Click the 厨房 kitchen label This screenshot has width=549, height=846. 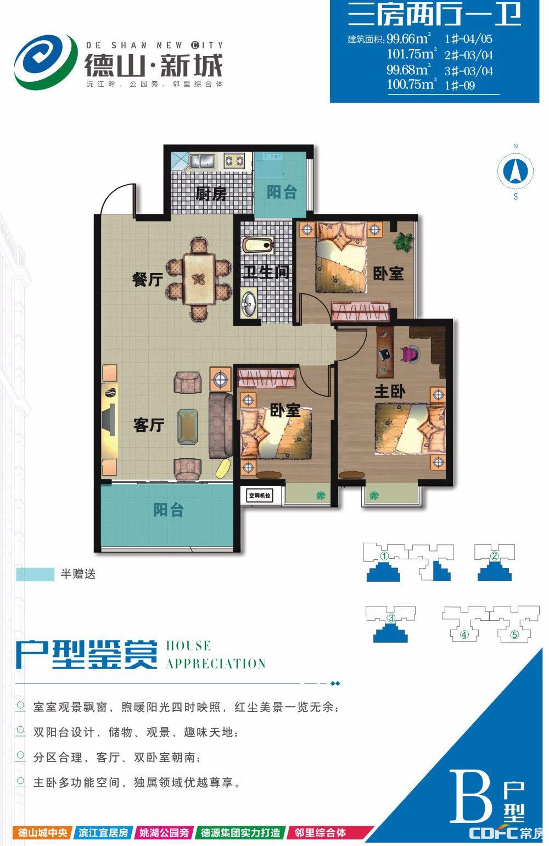pyautogui.click(x=211, y=194)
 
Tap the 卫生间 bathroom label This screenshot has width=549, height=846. pyautogui.click(x=266, y=272)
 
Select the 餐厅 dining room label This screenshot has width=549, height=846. pyautogui.click(x=148, y=280)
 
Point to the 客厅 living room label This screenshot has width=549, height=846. pyautogui.click(x=149, y=425)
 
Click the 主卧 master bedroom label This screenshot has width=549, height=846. pyautogui.click(x=390, y=391)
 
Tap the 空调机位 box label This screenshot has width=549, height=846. pyautogui.click(x=260, y=495)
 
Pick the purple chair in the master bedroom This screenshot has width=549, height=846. pyautogui.click(x=411, y=354)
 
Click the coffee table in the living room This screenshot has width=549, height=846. pyautogui.click(x=188, y=426)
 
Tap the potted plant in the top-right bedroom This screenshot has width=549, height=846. pyautogui.click(x=404, y=241)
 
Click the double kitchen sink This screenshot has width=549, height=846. pyautogui.click(x=202, y=162)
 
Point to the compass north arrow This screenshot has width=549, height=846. pyautogui.click(x=515, y=171)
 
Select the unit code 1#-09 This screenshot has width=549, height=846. pyautogui.click(x=460, y=85)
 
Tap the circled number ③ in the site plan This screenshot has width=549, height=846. pyautogui.click(x=391, y=618)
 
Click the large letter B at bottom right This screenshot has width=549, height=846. pyautogui.click(x=470, y=797)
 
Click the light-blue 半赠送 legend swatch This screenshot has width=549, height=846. pyautogui.click(x=35, y=575)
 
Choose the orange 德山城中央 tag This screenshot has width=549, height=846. pyautogui.click(x=43, y=832)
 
